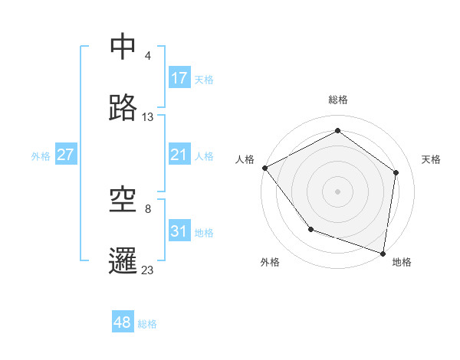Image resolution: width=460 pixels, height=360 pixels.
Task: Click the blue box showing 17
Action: point(179,78)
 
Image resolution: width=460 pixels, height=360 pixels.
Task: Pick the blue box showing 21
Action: point(179,155)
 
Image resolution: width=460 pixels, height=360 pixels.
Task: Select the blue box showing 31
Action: point(179,231)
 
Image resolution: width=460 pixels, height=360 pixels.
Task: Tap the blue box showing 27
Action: point(66,155)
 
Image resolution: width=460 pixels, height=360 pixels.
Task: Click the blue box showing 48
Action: point(123,322)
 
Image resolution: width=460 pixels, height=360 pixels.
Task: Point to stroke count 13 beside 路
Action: point(148,117)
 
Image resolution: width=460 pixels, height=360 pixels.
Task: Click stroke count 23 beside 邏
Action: point(148,270)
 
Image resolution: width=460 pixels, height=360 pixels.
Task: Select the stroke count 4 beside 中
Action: point(148,55)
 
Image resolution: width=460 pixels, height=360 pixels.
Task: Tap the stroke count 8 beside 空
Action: point(148,208)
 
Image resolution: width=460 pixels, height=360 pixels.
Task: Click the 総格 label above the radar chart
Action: point(338,100)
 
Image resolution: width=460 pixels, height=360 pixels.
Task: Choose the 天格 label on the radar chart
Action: point(431,159)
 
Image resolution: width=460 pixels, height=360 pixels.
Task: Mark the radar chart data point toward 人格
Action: point(264,168)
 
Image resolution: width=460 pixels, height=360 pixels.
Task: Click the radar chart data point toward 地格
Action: point(383,253)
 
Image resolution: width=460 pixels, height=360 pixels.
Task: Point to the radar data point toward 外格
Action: point(310,229)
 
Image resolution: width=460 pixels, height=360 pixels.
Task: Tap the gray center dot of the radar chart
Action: point(338,191)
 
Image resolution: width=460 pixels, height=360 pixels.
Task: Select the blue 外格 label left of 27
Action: point(41,155)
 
